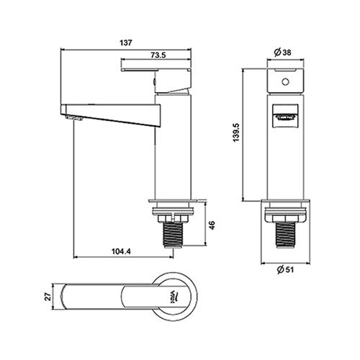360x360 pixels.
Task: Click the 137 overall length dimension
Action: tap(126, 42)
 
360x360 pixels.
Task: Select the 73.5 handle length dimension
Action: tap(158, 55)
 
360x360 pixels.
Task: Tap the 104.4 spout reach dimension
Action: tap(121, 251)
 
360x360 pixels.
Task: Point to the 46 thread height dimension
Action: tap(212, 225)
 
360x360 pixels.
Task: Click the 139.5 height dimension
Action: tap(236, 132)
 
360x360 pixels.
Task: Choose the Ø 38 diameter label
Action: tap(283, 52)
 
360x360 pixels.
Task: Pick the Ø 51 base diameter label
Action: tap(285, 270)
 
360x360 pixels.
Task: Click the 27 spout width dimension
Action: tap(48, 297)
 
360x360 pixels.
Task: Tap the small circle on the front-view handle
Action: tap(285, 82)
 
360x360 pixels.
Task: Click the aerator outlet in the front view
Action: tap(285, 117)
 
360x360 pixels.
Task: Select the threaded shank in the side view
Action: tap(173, 235)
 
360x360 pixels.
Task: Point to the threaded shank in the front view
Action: tap(286, 235)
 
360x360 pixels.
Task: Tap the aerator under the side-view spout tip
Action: tap(74, 118)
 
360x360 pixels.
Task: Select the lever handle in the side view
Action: tap(156, 81)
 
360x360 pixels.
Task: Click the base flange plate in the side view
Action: tap(173, 201)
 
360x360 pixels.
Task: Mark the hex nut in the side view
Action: tap(173, 218)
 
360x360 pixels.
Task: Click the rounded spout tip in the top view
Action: tap(63, 297)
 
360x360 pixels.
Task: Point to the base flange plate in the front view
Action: tap(286, 200)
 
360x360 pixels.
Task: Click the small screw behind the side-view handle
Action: tap(154, 82)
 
